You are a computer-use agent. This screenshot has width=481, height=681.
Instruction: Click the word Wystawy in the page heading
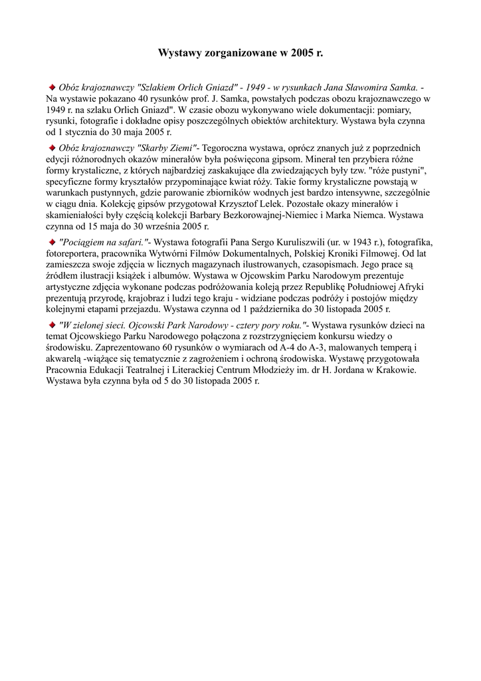pos(177,52)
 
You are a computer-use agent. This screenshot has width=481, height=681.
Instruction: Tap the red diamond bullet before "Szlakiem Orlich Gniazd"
pos(52,86)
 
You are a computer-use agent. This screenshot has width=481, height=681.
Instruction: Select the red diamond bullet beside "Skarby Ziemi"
pos(52,147)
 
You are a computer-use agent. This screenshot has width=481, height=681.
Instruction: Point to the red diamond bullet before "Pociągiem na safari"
pos(52,241)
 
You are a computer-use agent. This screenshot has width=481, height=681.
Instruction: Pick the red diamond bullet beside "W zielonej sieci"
pos(52,325)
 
